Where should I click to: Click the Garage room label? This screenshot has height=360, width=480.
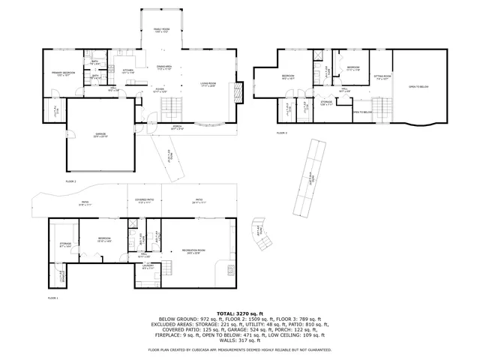(x=100, y=136)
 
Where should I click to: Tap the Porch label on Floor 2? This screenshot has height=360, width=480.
(x=177, y=128)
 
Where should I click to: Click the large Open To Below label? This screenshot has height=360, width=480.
(x=418, y=86)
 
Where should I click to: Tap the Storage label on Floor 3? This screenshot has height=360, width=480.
(x=326, y=103)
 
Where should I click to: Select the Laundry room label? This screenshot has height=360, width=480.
(x=149, y=268)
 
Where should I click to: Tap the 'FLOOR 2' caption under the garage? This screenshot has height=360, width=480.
(x=71, y=181)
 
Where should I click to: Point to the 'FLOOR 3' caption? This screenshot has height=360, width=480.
(x=281, y=132)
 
